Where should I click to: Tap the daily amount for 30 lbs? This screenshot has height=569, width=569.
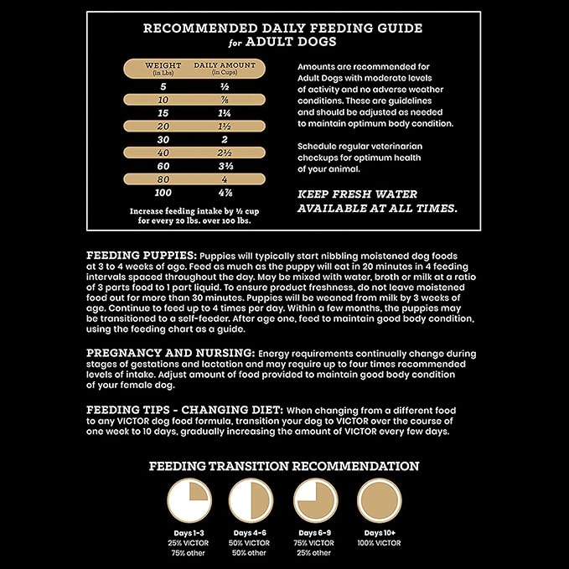point(225,139)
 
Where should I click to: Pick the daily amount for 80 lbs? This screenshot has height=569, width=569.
point(225,179)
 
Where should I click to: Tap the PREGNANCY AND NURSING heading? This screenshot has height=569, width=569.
point(171,353)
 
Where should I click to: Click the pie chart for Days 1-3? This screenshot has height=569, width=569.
point(189,501)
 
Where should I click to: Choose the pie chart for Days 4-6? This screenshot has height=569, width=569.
point(251,501)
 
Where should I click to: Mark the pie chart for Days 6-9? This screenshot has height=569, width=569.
point(315,501)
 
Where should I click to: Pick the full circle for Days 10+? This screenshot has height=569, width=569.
point(380,501)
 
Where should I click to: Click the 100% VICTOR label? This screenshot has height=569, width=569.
point(380,543)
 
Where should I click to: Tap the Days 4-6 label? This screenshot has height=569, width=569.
point(251,533)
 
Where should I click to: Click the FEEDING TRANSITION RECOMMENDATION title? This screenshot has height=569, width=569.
point(284,466)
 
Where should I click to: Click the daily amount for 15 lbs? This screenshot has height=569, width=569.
point(225,112)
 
